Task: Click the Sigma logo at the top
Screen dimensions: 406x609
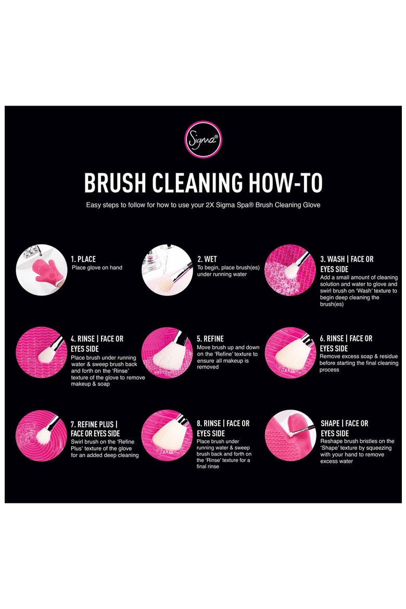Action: point(203,139)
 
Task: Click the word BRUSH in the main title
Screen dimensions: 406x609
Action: point(115,183)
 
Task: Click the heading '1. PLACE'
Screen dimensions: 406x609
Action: point(83,259)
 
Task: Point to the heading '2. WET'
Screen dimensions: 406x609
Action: point(207,259)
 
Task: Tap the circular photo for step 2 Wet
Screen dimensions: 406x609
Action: point(167,270)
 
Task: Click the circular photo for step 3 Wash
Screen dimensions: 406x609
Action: point(290,270)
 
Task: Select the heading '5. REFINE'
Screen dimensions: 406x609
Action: point(210,339)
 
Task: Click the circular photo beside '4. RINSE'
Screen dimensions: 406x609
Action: point(42,352)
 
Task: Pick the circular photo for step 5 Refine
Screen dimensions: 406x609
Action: point(167,352)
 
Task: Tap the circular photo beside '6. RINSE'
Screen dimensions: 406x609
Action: point(290,352)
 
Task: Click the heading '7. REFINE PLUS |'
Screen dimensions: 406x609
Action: point(94,424)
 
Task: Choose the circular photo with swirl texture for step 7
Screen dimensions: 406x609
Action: point(42,436)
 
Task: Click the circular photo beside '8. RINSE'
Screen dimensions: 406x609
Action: point(167,436)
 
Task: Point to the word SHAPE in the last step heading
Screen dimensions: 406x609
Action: point(330,423)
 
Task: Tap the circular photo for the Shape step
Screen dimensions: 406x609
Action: point(290,436)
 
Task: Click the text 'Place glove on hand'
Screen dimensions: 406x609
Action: point(97,268)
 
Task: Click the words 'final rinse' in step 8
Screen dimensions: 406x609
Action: point(208,466)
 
